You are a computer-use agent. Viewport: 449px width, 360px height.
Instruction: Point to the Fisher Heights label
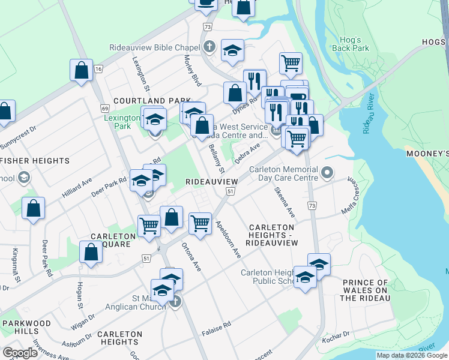click(x=35, y=161)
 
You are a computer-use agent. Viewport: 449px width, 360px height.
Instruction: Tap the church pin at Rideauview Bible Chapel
click(x=210, y=46)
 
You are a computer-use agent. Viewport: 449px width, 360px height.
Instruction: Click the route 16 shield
click(x=98, y=70)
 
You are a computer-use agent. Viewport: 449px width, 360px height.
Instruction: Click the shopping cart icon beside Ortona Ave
click(x=200, y=223)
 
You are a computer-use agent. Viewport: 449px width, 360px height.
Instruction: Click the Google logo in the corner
click(x=20, y=352)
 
